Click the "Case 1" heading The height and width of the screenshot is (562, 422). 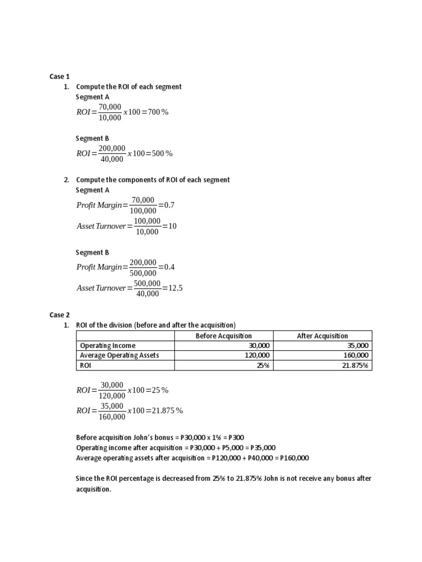click(x=60, y=76)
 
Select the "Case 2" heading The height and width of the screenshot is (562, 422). click(x=60, y=315)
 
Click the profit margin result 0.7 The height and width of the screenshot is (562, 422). click(x=169, y=205)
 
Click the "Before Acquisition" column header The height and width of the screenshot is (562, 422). click(x=224, y=336)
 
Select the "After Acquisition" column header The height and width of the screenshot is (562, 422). click(x=323, y=336)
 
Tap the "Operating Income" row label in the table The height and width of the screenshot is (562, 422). click(x=108, y=346)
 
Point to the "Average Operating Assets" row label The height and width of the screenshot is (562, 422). click(x=119, y=355)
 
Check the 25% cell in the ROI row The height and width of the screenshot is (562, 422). click(x=263, y=365)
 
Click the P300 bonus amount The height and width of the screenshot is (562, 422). click(x=235, y=437)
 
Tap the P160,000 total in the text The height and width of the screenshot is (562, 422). click(x=295, y=458)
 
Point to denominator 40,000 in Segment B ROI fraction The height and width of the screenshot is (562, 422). click(x=112, y=159)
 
